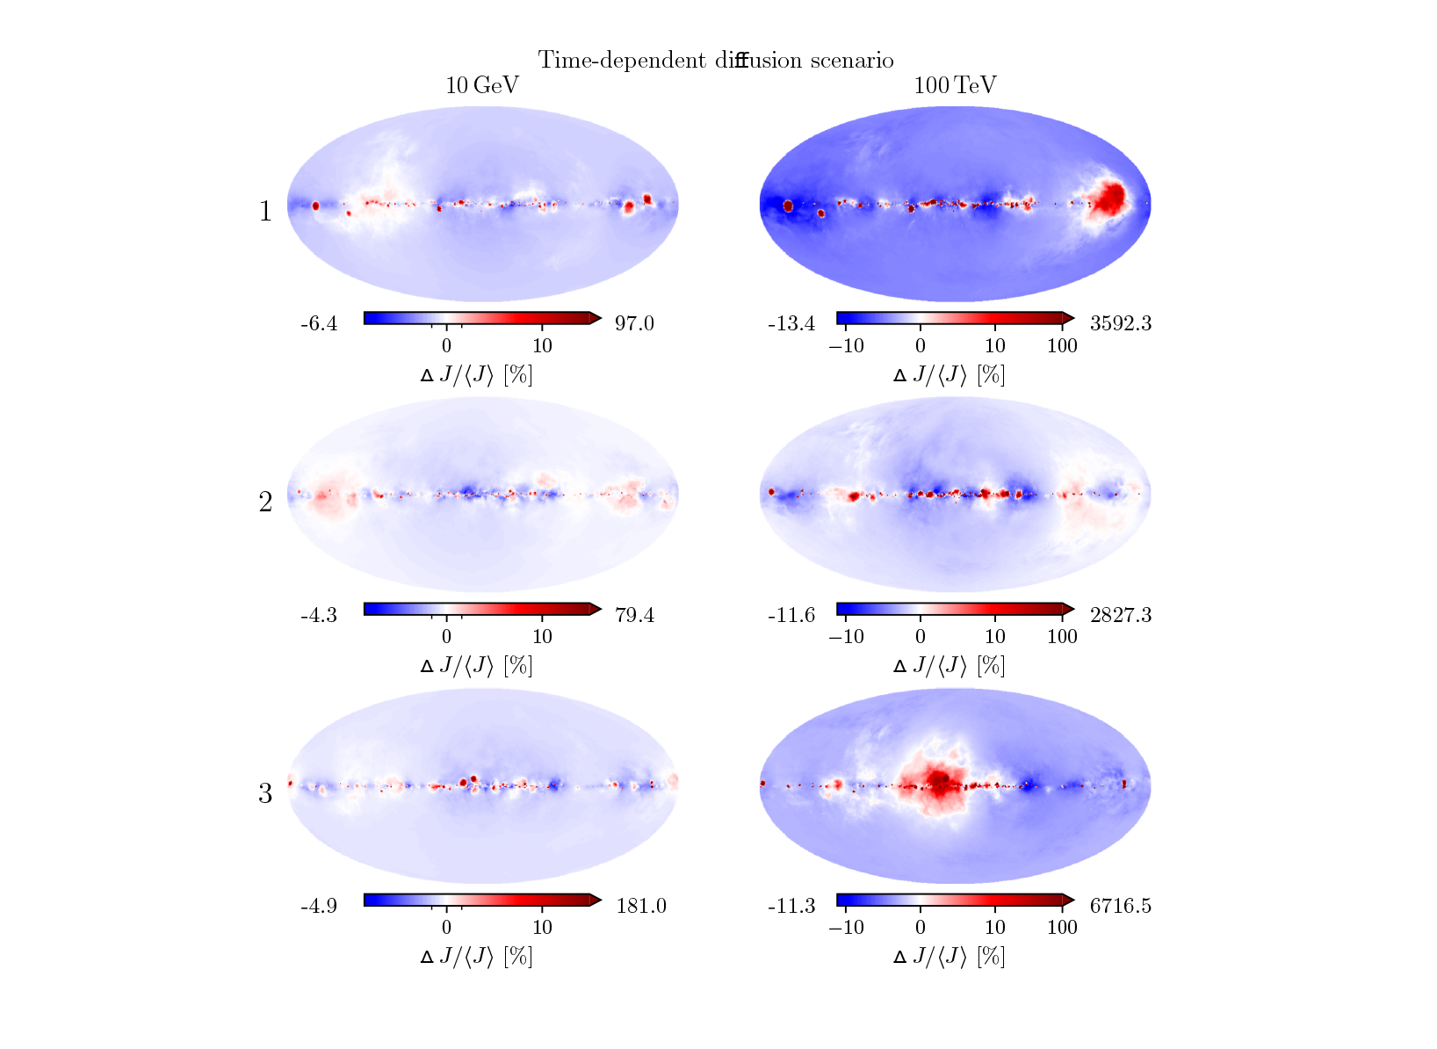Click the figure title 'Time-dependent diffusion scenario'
click(716, 60)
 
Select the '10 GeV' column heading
click(482, 85)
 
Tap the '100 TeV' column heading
click(955, 85)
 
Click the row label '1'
click(265, 212)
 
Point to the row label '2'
click(265, 502)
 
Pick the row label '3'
click(265, 793)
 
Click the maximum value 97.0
click(634, 323)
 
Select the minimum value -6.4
click(319, 323)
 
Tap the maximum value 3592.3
click(1120, 323)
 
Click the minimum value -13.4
click(791, 323)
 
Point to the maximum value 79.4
click(634, 614)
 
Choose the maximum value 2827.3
click(1120, 614)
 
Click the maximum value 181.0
click(640, 905)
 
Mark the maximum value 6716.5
click(1120, 905)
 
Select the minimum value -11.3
click(791, 905)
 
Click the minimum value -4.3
click(319, 614)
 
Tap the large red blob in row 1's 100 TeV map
click(1109, 198)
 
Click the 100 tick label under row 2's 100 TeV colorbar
click(1062, 636)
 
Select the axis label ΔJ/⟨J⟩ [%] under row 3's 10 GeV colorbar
click(476, 956)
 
